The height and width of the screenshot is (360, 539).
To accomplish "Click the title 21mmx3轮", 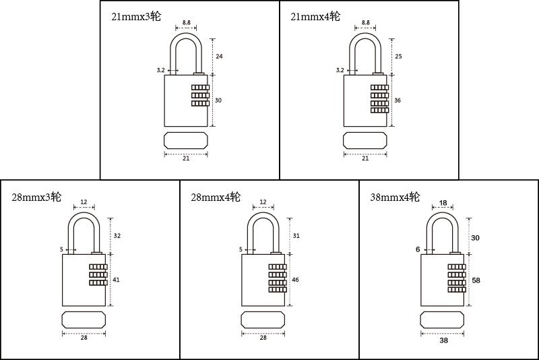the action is (136, 16).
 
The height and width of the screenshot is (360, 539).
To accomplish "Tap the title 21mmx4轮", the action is (315, 16).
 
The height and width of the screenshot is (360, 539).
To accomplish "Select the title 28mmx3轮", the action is (36, 198).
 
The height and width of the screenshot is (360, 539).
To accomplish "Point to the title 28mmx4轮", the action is (216, 198).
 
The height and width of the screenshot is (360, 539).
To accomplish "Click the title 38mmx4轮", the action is (395, 198).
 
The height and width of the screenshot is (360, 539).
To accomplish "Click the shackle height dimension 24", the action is (219, 57).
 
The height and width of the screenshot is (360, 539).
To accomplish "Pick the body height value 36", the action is (398, 100).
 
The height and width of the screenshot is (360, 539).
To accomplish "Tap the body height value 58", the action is (476, 280).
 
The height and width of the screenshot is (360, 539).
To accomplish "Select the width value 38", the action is (444, 340).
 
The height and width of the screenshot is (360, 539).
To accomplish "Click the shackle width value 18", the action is (443, 203).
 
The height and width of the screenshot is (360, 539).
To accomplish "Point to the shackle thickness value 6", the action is (418, 249).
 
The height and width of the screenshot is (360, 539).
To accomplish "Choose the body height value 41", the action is (116, 280).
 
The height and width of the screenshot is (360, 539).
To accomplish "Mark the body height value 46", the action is (295, 280).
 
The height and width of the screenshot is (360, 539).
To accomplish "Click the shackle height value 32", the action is (117, 236).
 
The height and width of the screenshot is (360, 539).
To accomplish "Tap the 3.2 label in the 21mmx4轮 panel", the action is (340, 70).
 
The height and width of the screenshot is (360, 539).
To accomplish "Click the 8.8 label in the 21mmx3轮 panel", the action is (187, 23).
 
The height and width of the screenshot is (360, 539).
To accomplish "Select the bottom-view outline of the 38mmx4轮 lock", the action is (442, 320).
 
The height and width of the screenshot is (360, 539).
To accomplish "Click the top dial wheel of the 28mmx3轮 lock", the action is (98, 267).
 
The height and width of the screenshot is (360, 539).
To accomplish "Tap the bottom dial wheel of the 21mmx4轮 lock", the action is (379, 111).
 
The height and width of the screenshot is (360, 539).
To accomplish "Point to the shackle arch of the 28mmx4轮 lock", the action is (263, 214).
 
